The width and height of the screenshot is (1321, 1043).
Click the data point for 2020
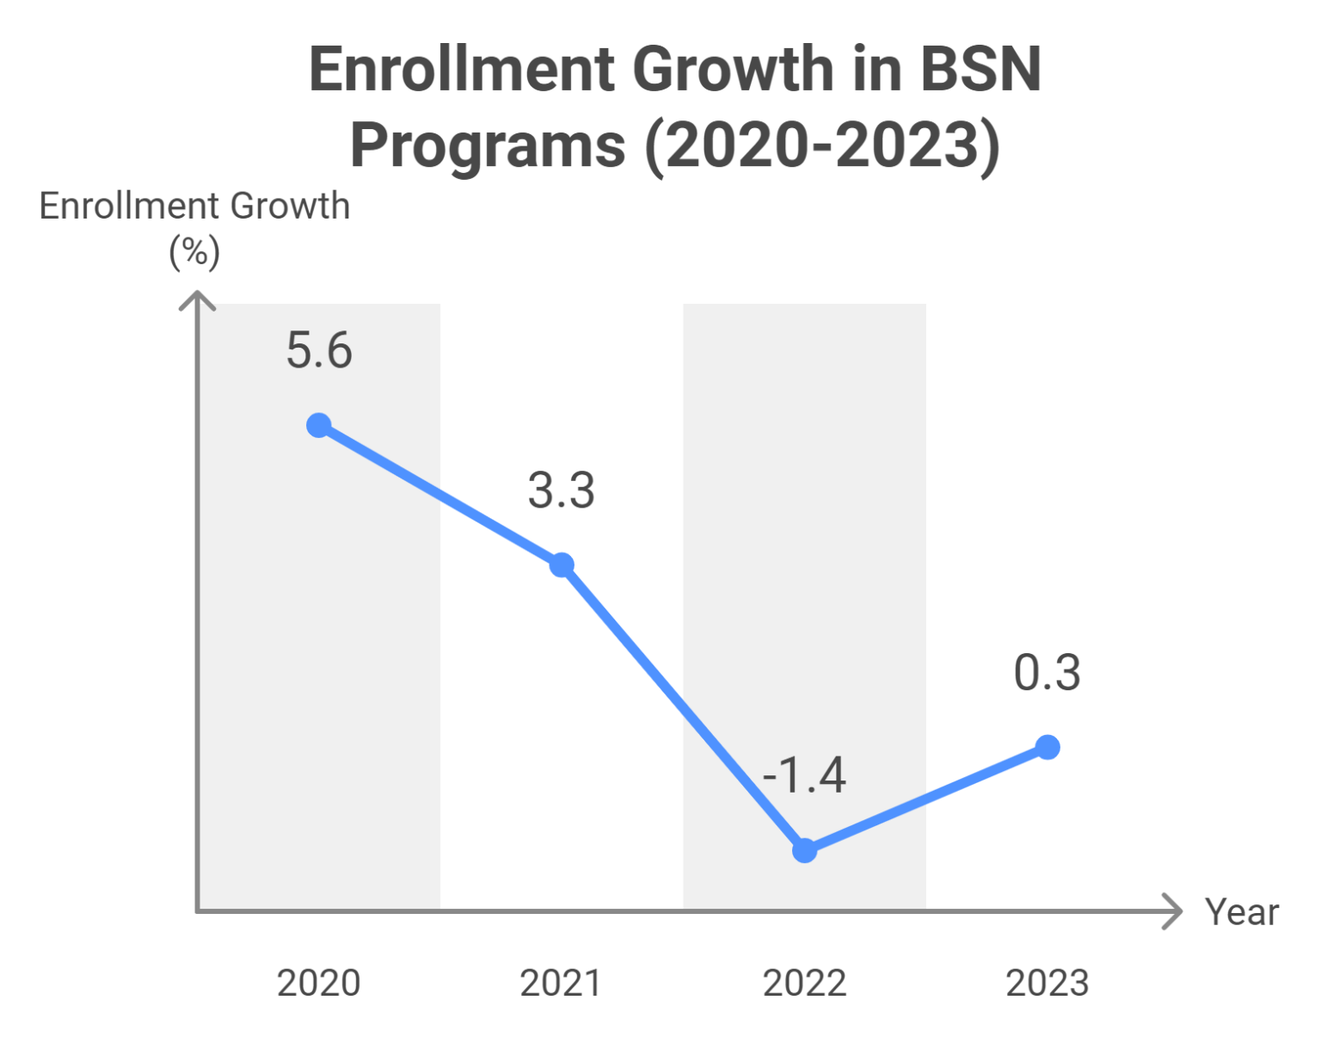319,425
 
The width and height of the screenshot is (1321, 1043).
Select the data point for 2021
562,565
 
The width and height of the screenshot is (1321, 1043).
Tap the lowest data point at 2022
804,850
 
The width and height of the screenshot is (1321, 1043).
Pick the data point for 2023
1048,747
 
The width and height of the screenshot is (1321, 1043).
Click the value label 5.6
319,351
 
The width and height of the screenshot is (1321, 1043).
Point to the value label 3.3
562,491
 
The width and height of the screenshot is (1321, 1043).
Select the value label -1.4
804,775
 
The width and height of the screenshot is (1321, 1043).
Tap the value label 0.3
1047,673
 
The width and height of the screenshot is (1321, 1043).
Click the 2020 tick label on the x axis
319,983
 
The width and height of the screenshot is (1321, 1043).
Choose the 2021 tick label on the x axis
562,983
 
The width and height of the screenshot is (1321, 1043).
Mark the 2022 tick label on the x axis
804,983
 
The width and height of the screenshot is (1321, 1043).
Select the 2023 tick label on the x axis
1048,983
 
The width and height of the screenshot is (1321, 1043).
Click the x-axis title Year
1241,912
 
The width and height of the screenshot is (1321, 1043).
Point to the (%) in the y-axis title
194,253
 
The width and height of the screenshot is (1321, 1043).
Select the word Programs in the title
488,145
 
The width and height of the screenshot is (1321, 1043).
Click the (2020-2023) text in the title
822,145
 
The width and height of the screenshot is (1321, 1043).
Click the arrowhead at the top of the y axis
197,300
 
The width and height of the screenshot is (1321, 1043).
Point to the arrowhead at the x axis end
1173,911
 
